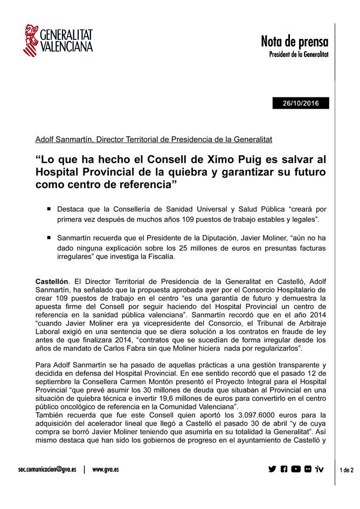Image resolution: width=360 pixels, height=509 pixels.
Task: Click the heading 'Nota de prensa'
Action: [294, 41]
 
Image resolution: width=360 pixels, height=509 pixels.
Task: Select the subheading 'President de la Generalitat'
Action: [299, 54]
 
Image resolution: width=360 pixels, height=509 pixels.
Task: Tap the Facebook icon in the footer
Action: [284, 469]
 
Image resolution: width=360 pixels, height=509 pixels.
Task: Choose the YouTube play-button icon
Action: [296, 469]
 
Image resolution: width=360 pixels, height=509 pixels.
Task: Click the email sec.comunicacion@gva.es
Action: [47, 469]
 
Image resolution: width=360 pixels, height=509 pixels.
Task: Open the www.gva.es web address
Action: [106, 469]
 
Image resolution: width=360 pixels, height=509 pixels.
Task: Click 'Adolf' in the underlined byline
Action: [45, 140]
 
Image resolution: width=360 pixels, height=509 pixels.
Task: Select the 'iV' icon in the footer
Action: [320, 469]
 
